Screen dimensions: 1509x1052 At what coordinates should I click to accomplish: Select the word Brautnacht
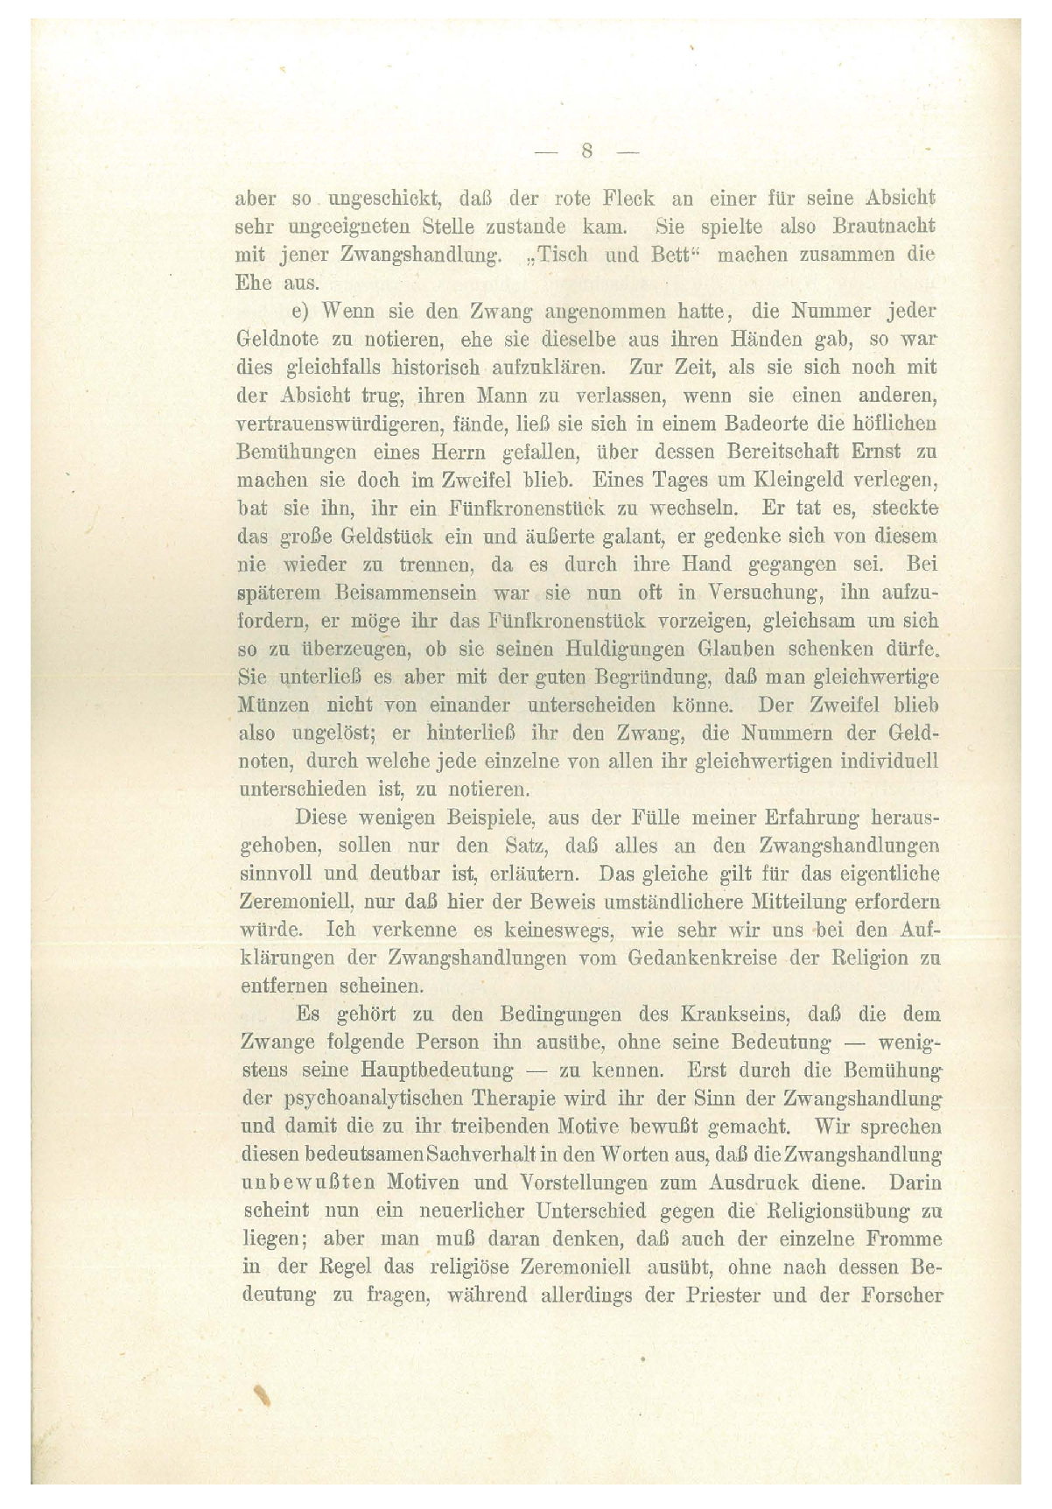coord(884,227)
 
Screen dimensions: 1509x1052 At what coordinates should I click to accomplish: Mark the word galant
coord(623,537)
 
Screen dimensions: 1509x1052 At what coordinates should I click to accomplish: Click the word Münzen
coord(275,705)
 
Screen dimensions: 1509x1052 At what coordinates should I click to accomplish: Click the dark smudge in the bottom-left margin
coord(260,1393)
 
